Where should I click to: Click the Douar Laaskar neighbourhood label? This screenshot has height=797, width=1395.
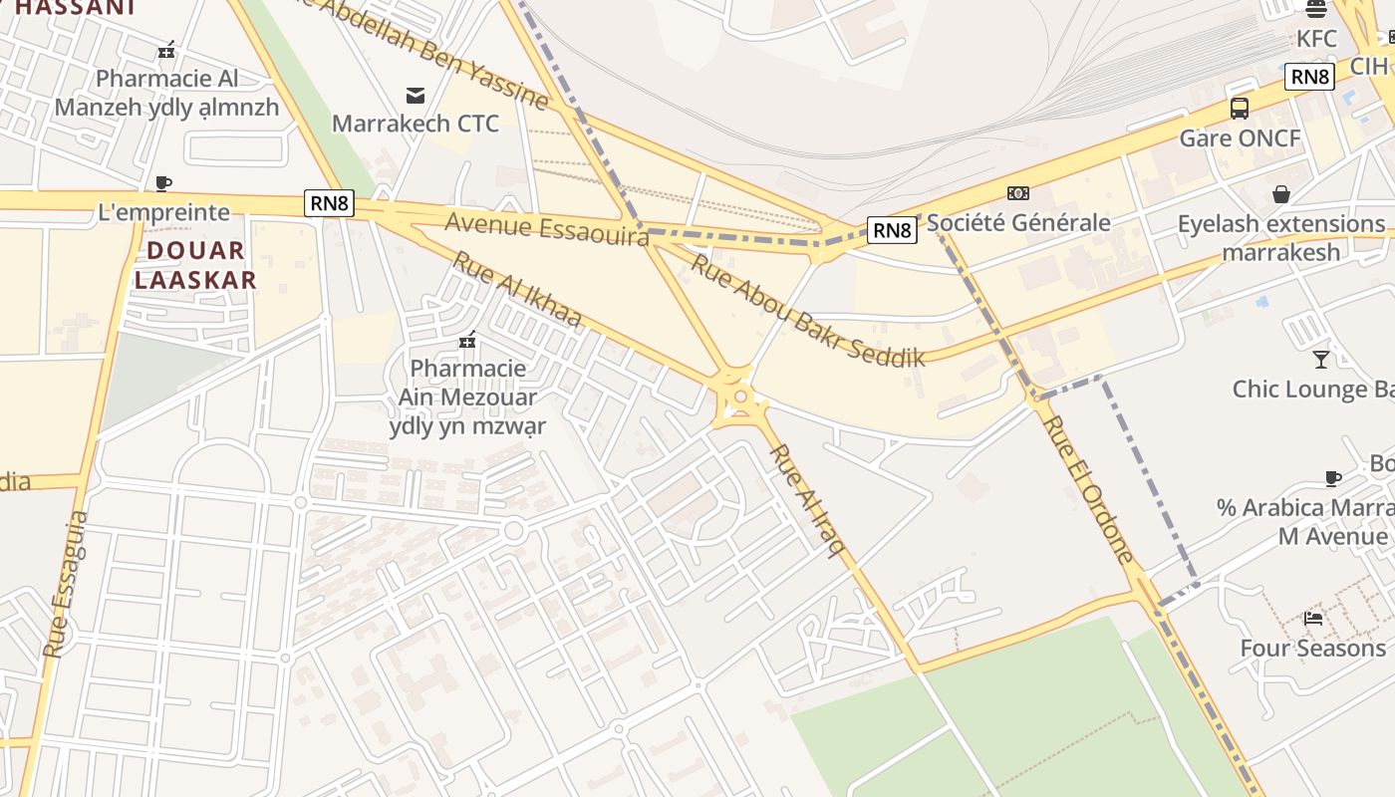[195, 265]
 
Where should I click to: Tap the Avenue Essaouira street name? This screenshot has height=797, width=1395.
[547, 227]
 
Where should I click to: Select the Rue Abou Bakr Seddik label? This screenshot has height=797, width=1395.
[808, 310]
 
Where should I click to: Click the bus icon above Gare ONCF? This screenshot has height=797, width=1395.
[1240, 109]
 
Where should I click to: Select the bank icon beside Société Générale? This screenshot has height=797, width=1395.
[1018, 193]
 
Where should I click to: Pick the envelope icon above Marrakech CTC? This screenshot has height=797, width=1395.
[416, 96]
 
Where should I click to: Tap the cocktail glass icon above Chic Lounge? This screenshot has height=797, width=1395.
[1321, 359]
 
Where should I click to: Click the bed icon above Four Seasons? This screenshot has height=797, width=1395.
[1313, 619]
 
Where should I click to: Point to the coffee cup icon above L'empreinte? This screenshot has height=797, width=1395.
[163, 183]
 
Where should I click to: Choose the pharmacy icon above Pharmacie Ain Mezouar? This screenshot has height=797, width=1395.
[467, 341]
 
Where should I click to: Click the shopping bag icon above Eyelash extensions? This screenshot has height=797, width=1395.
[1281, 194]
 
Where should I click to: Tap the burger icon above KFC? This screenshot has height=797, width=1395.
[1316, 10]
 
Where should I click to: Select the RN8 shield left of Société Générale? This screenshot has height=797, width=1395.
[891, 231]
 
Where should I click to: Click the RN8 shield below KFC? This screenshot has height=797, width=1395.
[1308, 77]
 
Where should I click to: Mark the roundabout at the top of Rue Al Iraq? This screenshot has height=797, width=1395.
[739, 398]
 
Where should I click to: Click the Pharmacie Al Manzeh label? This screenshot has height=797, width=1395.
[167, 93]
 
